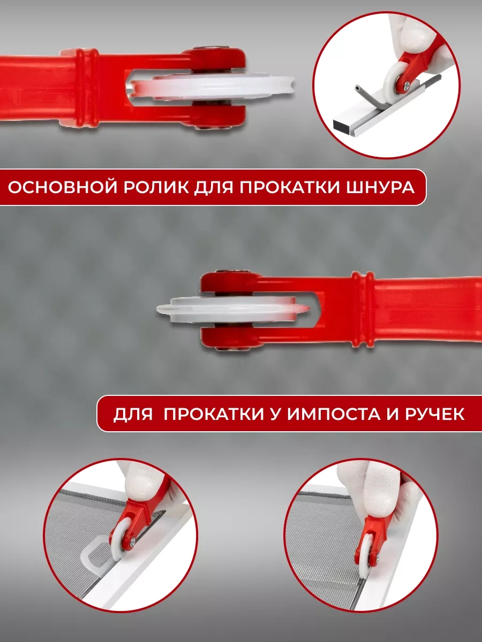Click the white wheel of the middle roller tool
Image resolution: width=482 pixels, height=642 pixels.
pos(232,309)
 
